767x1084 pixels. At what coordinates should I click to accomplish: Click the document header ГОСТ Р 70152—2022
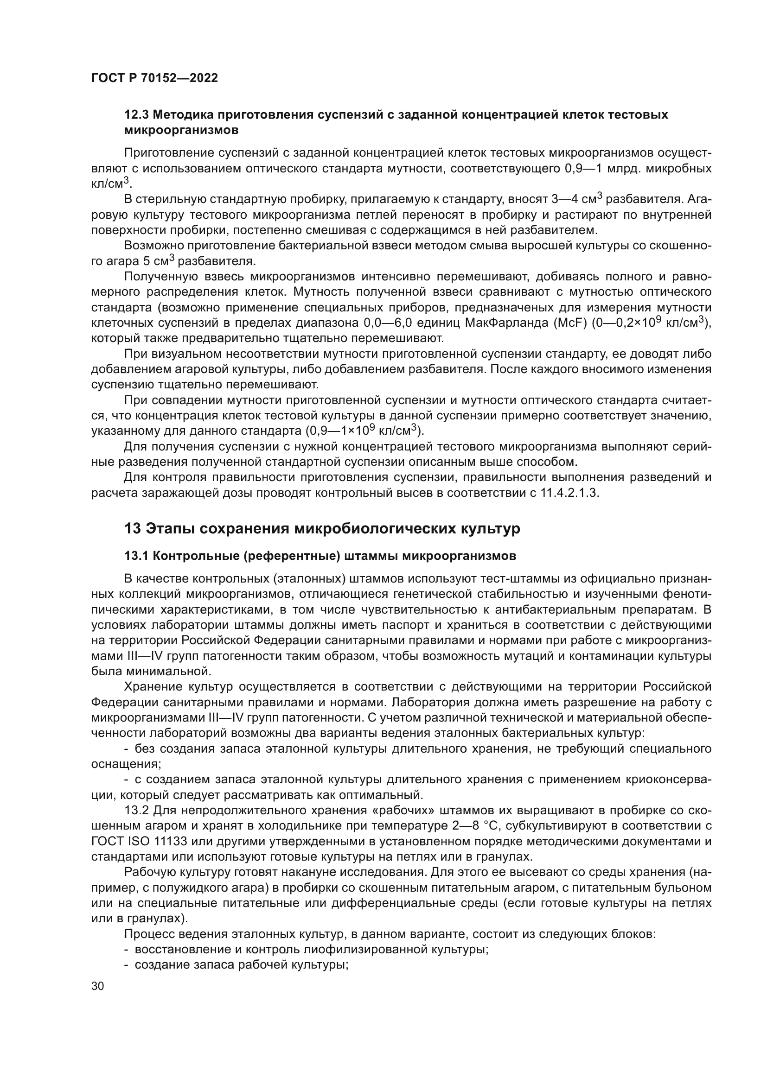pos(154,78)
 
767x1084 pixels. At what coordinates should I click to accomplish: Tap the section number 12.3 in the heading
pos(136,115)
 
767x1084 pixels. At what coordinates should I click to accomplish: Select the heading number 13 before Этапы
pos(132,529)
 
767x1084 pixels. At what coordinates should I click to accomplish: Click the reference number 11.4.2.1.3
pos(569,493)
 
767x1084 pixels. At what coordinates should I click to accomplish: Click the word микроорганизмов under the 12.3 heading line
pos(181,130)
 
